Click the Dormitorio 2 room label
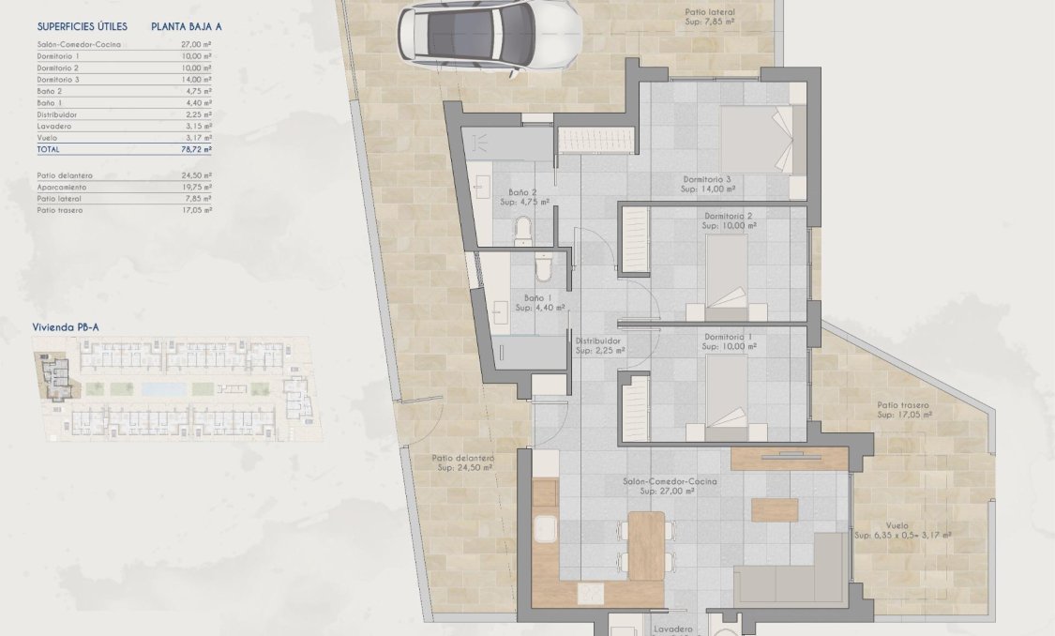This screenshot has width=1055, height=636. click(x=728, y=216)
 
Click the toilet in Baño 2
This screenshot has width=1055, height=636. click(x=523, y=228)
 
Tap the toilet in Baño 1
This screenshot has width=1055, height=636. click(x=542, y=269)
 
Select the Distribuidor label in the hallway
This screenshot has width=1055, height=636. click(x=598, y=341)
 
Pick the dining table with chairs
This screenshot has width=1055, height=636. click(x=646, y=544)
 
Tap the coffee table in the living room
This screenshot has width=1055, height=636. click(x=775, y=509)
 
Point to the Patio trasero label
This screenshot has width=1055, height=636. click(x=902, y=405)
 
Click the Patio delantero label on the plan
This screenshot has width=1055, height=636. click(x=462, y=459)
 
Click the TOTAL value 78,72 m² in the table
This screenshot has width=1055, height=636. click(x=196, y=148)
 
